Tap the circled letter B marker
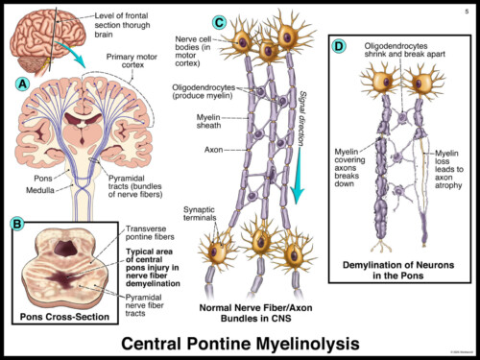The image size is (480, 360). (x=16, y=224)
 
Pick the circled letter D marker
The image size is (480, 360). (x=338, y=45)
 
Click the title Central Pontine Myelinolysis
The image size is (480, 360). (x=240, y=341)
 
